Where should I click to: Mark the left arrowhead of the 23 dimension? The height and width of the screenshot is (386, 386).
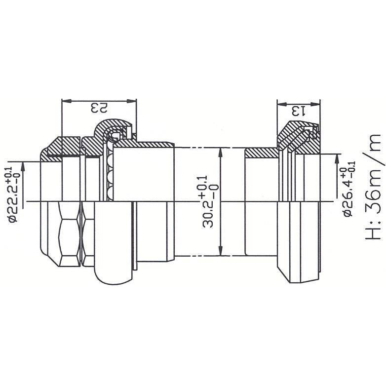coord(64,101)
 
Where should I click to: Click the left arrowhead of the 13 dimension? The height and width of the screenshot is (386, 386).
coord(280,104)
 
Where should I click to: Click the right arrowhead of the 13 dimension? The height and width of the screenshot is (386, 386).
coord(317,104)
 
